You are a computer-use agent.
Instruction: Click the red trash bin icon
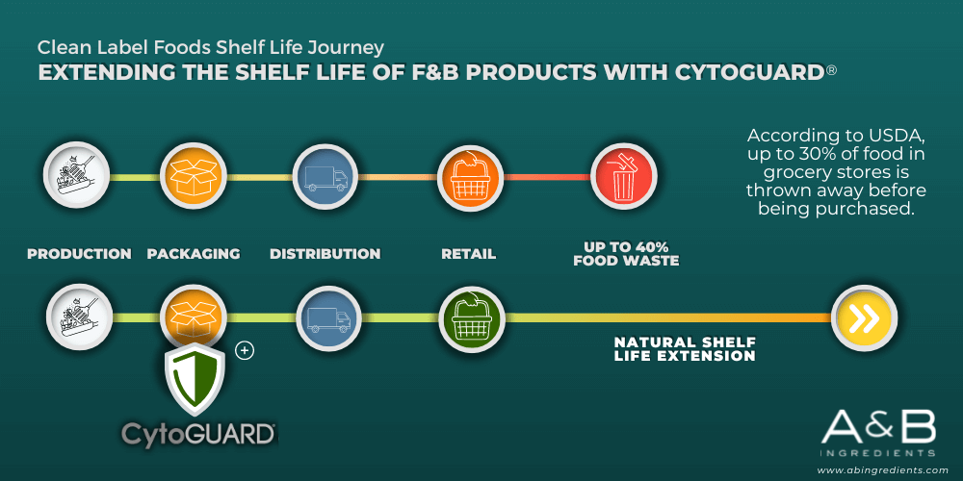tap(623, 178)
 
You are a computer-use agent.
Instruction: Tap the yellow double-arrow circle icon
tap(864, 317)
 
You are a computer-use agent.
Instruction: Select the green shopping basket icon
tap(472, 317)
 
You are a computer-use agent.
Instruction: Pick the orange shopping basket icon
tap(471, 178)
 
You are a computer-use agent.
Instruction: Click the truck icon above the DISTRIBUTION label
tap(325, 178)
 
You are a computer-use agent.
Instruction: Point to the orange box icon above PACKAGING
tap(195, 178)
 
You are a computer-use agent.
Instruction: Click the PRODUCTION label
tap(79, 253)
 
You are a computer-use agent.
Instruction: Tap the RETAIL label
tap(469, 253)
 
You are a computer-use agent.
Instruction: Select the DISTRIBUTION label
tap(325, 253)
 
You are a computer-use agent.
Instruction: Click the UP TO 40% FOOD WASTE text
tap(626, 253)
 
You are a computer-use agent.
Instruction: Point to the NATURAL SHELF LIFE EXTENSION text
tap(685, 348)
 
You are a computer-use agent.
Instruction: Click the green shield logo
tap(195, 380)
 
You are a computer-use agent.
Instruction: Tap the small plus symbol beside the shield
tap(245, 350)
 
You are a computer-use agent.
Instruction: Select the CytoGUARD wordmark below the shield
tap(198, 435)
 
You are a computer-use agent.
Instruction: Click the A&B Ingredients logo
tap(879, 434)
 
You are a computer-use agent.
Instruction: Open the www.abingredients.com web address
tap(882, 470)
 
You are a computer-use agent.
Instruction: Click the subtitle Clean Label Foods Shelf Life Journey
tap(211, 46)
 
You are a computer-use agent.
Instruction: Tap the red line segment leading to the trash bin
tap(547, 177)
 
